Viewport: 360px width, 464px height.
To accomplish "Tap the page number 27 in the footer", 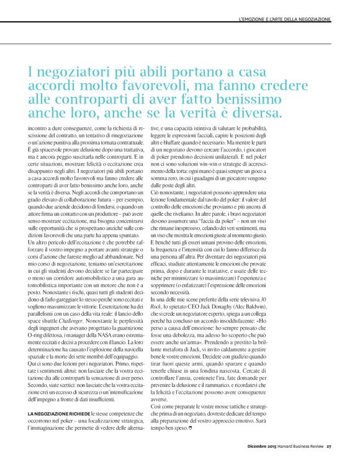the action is (330, 445).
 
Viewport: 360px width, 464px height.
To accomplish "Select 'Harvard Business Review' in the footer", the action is (300, 445).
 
